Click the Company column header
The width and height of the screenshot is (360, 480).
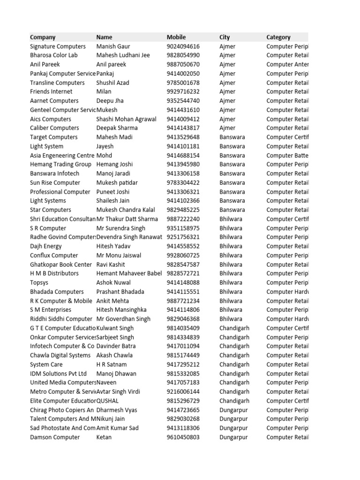43,37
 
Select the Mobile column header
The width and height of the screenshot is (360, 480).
176,37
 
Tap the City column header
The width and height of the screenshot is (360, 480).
225,37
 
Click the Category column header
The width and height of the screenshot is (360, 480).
278,37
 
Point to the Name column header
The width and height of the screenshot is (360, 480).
104,37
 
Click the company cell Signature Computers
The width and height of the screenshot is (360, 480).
58,46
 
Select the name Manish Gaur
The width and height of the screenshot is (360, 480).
113,46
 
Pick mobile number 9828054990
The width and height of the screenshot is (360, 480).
183,55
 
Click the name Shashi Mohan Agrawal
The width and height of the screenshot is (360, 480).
126,119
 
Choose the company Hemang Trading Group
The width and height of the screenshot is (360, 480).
60,165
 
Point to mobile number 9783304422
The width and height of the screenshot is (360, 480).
183,183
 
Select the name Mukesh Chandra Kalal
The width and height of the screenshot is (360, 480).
126,210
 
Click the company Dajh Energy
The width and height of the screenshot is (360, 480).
46,246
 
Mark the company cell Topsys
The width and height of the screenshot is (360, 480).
39,283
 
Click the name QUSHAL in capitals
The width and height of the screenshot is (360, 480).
107,401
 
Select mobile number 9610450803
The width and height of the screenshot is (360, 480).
183,437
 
